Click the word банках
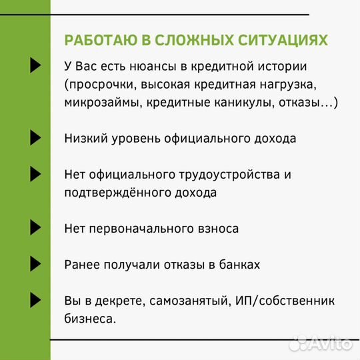[237, 265]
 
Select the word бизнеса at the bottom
[90, 319]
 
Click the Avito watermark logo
[322, 345]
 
